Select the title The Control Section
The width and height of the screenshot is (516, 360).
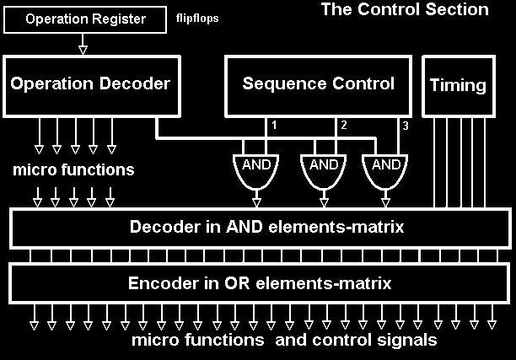point(405,10)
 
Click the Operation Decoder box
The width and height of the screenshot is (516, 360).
point(90,84)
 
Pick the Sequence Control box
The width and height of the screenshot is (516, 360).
point(318,84)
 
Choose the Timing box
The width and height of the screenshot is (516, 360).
point(458,85)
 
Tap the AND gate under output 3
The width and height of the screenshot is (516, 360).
point(385,167)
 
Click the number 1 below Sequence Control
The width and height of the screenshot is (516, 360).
point(273,125)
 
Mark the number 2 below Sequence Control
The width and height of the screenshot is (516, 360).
point(343,125)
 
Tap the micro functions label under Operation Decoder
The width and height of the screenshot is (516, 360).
point(73,170)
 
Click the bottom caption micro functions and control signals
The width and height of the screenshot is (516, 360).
point(283,341)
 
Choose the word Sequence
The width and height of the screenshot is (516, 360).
point(277,84)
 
